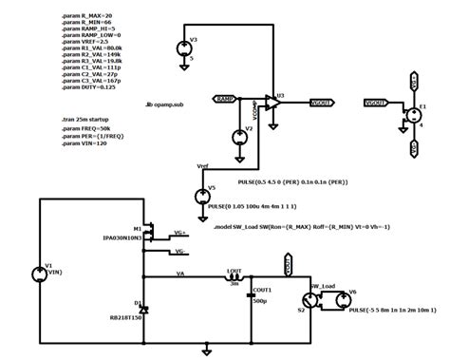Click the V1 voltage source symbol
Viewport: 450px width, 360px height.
(38, 275)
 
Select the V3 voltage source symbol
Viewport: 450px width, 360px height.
(183, 49)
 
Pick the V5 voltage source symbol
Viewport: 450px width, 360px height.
(201, 197)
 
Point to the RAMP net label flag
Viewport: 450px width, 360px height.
(226, 98)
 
